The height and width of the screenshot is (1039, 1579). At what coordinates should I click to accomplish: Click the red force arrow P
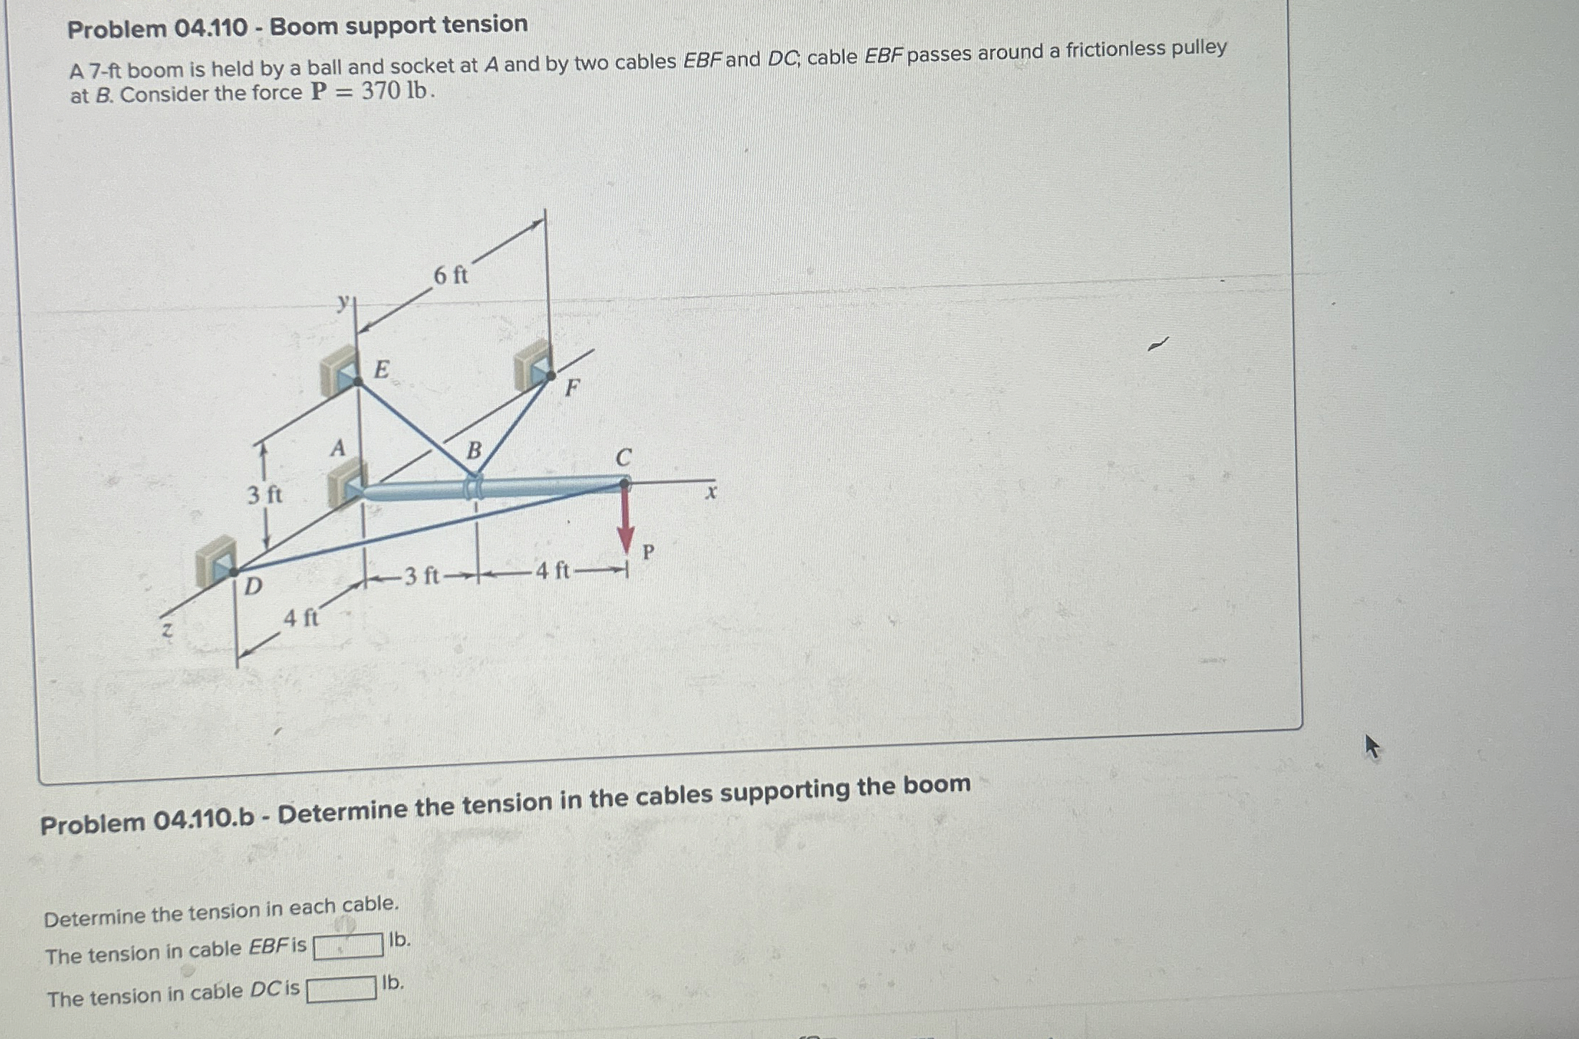click(x=626, y=520)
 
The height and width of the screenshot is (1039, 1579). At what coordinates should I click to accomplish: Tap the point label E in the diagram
click(x=382, y=370)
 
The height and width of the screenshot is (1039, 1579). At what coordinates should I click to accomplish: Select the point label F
click(x=571, y=388)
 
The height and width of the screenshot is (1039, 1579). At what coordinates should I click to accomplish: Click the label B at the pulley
click(x=474, y=451)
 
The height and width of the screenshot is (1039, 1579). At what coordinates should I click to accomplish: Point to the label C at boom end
click(x=623, y=457)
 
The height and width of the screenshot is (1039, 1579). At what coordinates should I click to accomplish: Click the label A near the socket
click(x=337, y=448)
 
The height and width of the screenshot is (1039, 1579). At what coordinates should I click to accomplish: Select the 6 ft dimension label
click(x=450, y=275)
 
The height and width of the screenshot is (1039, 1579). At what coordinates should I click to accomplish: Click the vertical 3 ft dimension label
click(x=265, y=494)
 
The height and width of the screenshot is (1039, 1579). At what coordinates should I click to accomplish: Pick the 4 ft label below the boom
click(x=552, y=571)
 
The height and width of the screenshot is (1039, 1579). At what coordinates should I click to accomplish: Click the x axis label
click(x=711, y=492)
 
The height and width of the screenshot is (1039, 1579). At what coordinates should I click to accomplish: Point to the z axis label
click(x=167, y=630)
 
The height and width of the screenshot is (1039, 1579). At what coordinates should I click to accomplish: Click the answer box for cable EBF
click(x=348, y=946)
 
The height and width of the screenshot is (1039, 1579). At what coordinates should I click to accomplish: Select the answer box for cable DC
click(x=342, y=989)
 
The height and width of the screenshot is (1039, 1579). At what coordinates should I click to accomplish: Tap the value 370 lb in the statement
click(x=396, y=91)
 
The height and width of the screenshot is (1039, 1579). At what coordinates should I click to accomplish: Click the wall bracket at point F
click(x=534, y=366)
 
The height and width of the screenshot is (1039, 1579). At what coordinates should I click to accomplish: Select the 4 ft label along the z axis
click(x=301, y=617)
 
